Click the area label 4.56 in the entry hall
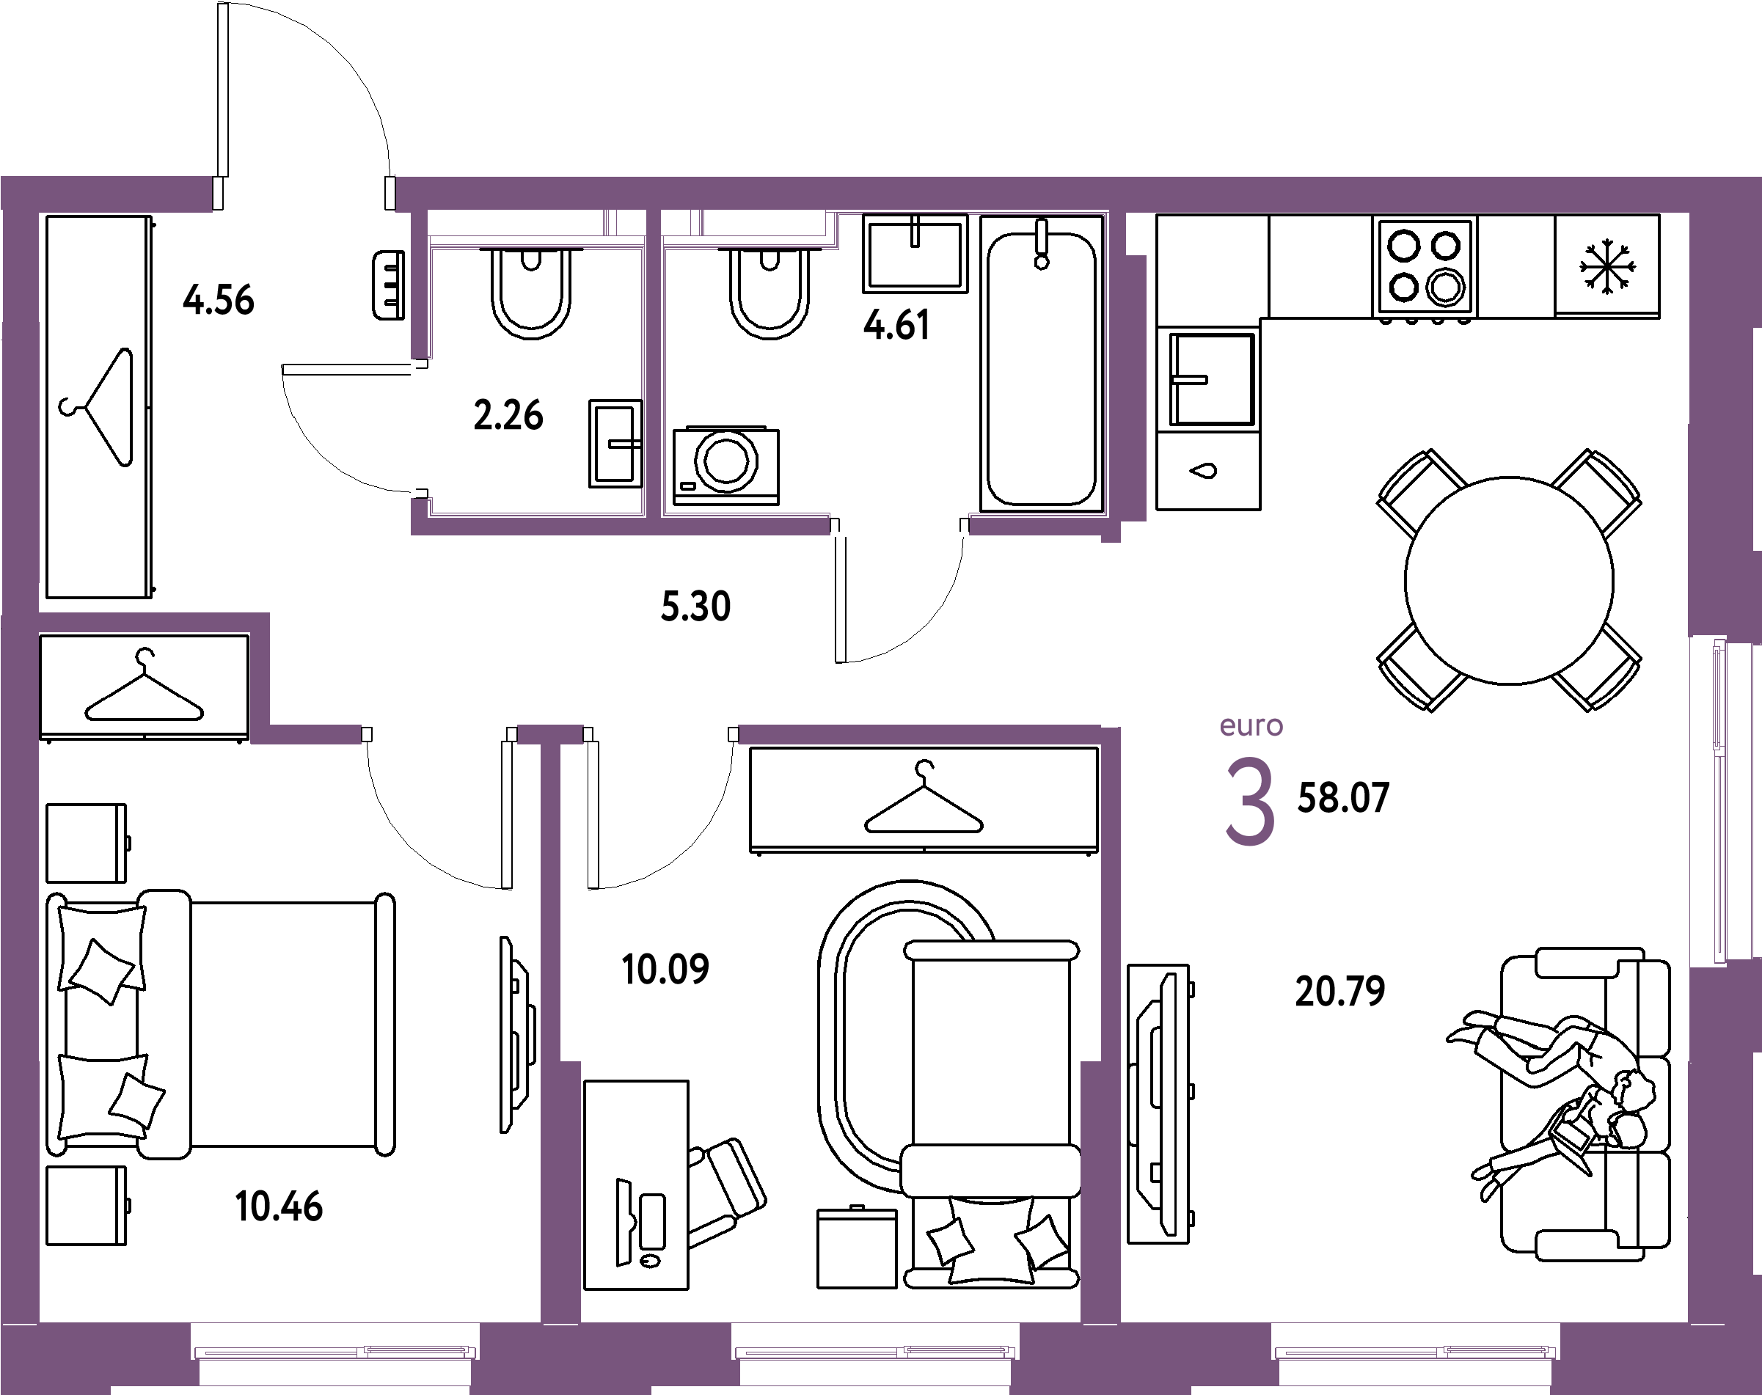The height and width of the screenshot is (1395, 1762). click(x=219, y=300)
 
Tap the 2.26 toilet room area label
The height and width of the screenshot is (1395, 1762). click(x=508, y=415)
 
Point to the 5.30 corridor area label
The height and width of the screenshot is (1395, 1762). click(x=695, y=607)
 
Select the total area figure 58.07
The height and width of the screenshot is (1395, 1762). click(x=1343, y=798)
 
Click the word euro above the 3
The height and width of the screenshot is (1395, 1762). click(x=1251, y=725)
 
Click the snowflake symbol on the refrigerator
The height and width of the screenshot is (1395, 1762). click(x=1606, y=266)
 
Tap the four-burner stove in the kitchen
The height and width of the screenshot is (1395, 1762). click(x=1425, y=266)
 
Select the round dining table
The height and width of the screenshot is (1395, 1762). click(x=1509, y=580)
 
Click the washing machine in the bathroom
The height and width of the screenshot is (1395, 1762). click(x=725, y=466)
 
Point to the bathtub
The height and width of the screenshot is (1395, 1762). click(x=1042, y=364)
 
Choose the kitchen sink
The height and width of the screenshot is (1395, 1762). click(x=1208, y=379)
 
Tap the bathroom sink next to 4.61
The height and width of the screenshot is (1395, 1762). click(x=915, y=253)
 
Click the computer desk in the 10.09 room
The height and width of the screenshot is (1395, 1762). click(x=636, y=1185)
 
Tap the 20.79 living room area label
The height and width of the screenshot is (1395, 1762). click(x=1339, y=992)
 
